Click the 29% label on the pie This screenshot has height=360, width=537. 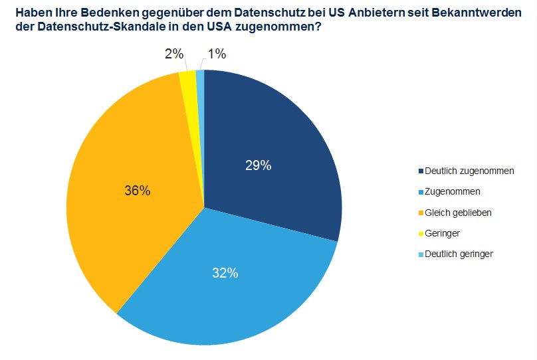pyautogui.click(x=258, y=166)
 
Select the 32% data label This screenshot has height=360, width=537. pyautogui.click(x=225, y=273)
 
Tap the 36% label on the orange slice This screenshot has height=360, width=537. pyautogui.click(x=138, y=191)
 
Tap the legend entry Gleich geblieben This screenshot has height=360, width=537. pyautogui.click(x=458, y=212)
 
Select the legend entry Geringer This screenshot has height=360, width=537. pyautogui.click(x=442, y=233)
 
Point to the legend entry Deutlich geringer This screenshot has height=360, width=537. pyautogui.click(x=459, y=254)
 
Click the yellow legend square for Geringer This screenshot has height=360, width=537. pyautogui.click(x=420, y=233)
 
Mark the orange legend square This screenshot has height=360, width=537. pyautogui.click(x=420, y=213)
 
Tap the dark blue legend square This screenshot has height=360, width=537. pyautogui.click(x=420, y=171)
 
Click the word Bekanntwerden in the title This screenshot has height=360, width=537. pyautogui.click(x=477, y=13)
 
